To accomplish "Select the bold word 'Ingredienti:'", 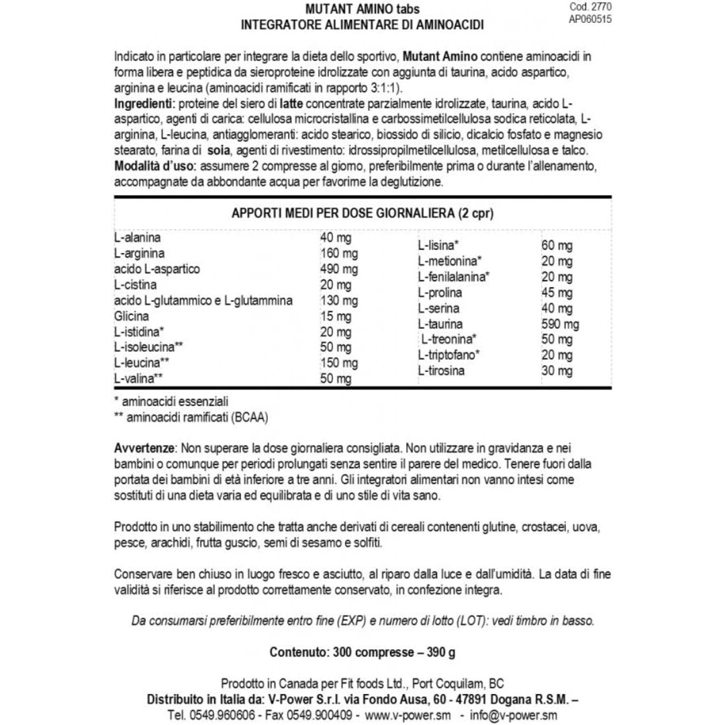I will [x=144, y=105].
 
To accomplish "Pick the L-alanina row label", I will [x=138, y=238].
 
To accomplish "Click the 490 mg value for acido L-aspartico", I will [x=339, y=269].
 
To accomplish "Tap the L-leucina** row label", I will [x=142, y=363].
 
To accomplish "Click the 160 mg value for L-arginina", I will [x=339, y=254].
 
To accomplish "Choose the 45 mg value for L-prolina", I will [x=557, y=293].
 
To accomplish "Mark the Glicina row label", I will [x=132, y=316].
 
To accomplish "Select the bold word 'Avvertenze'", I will [x=144, y=447].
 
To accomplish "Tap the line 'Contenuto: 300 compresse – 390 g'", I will [x=362, y=652].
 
